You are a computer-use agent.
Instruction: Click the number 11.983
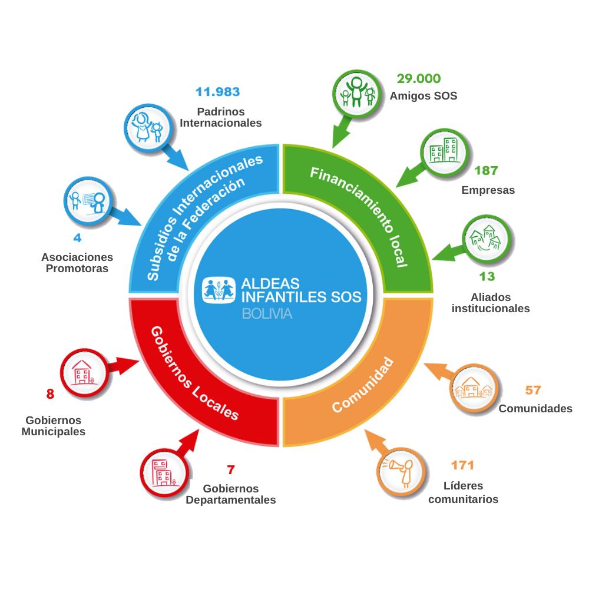tap(217, 92)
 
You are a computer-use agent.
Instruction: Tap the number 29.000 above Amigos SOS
tap(418, 78)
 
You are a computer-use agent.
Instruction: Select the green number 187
tap(486, 171)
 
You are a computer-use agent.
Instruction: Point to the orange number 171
tap(462, 465)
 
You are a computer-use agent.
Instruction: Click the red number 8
tap(50, 394)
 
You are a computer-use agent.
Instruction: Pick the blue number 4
tap(77, 238)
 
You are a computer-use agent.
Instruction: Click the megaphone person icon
tap(401, 472)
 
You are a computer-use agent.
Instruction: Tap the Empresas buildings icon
tap(444, 153)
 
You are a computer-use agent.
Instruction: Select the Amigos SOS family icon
tap(356, 94)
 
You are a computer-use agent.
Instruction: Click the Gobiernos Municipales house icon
tap(84, 373)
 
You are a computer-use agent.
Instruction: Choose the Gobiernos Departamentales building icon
tap(164, 472)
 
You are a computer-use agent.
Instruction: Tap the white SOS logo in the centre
tap(219, 290)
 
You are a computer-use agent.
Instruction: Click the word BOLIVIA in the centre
tap(267, 314)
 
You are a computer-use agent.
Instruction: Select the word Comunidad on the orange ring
tap(363, 385)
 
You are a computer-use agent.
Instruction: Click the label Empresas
tap(488, 190)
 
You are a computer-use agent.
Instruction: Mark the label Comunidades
tap(535, 408)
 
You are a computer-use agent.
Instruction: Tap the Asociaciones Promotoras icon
tap(88, 201)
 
